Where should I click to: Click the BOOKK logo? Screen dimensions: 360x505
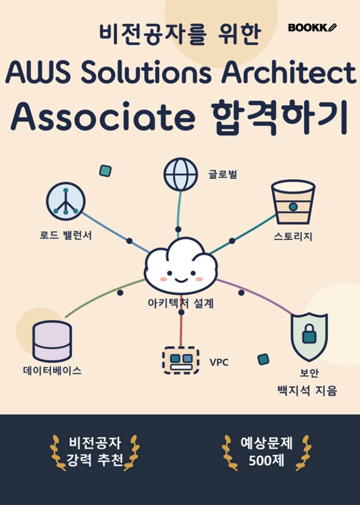[312, 28]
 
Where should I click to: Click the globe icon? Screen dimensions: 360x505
[181, 174]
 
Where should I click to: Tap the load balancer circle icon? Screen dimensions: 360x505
[66, 201]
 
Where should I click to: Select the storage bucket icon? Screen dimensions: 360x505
[293, 202]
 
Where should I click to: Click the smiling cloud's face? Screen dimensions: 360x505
[181, 276]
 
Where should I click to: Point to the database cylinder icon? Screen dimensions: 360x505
[52, 341]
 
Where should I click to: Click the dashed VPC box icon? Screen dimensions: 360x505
[181, 361]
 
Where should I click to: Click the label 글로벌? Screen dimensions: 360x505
[223, 174]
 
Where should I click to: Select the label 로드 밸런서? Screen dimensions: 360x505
[66, 235]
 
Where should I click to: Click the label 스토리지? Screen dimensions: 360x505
[293, 236]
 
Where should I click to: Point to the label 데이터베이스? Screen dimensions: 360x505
[52, 370]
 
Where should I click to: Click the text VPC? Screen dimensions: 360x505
[219, 362]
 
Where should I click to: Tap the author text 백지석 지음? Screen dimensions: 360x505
[307, 391]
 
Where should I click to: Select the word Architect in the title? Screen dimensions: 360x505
[289, 72]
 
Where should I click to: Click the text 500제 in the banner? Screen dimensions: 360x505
[267, 460]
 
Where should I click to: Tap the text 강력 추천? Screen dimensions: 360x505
[94, 460]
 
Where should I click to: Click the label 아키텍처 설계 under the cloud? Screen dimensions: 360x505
[181, 304]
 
